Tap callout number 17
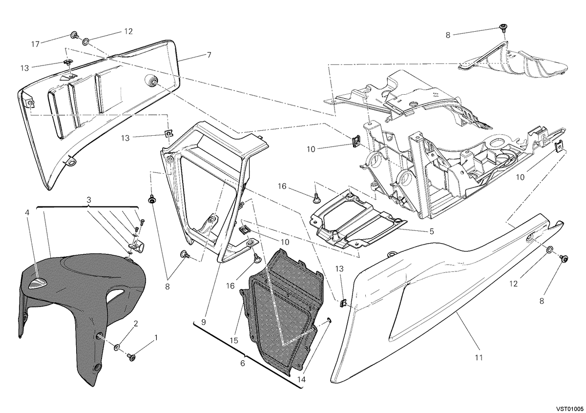(35, 44)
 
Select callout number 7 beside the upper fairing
(209, 55)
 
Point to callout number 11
(479, 357)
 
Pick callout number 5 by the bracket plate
(243, 363)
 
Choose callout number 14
(302, 379)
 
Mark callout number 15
(234, 341)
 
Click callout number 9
(204, 322)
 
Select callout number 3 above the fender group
(89, 200)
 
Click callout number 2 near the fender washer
(136, 324)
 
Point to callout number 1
(156, 338)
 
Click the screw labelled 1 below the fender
(131, 357)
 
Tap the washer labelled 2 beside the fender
(117, 348)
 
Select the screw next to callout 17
(74, 35)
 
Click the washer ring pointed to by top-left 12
(86, 41)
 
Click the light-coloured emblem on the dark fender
(38, 283)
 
